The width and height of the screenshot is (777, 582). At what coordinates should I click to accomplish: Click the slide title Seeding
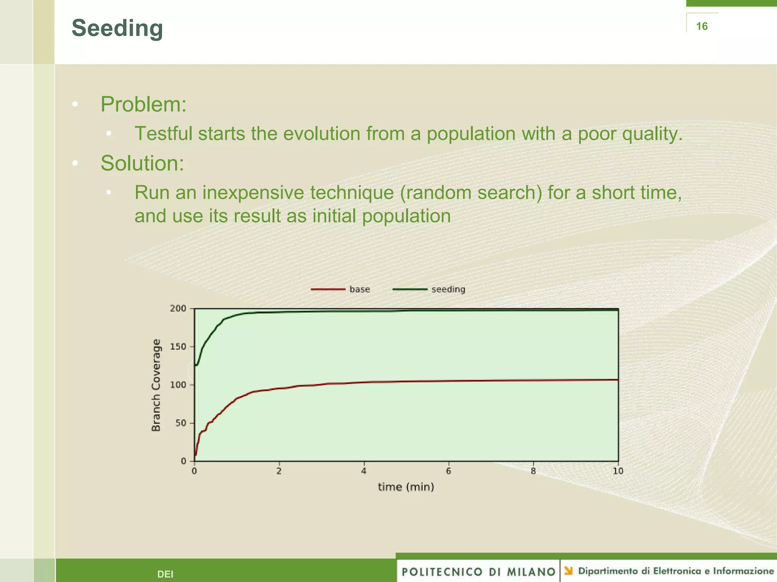(x=117, y=28)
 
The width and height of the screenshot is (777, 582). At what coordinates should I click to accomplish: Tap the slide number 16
(x=702, y=26)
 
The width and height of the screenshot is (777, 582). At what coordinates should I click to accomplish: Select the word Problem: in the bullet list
(x=143, y=104)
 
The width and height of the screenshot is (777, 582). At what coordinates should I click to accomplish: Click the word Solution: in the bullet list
(x=142, y=163)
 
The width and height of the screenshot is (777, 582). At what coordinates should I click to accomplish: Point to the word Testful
(x=164, y=134)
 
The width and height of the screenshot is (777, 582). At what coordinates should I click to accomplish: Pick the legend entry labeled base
(x=359, y=289)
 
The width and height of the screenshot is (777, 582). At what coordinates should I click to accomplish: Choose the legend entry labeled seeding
(x=448, y=289)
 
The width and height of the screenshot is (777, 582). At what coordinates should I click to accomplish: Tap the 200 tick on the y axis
(x=178, y=308)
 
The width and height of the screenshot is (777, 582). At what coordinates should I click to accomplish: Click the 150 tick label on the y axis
(x=178, y=347)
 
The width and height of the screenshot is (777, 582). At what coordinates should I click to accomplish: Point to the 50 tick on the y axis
(x=181, y=423)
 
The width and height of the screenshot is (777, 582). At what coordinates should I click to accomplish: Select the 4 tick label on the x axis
(x=364, y=471)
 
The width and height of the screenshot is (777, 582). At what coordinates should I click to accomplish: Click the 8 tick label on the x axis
(x=533, y=471)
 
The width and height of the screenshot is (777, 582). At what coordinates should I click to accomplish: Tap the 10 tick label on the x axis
(x=618, y=471)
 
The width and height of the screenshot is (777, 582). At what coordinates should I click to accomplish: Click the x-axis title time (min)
(x=406, y=487)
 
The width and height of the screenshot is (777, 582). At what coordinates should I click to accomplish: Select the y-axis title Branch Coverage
(x=156, y=385)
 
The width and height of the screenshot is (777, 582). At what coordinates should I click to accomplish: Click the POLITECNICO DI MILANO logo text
(x=478, y=572)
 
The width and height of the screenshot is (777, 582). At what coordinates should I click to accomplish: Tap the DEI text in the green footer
(x=165, y=574)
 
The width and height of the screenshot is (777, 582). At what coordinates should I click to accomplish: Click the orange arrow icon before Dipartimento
(x=568, y=571)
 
